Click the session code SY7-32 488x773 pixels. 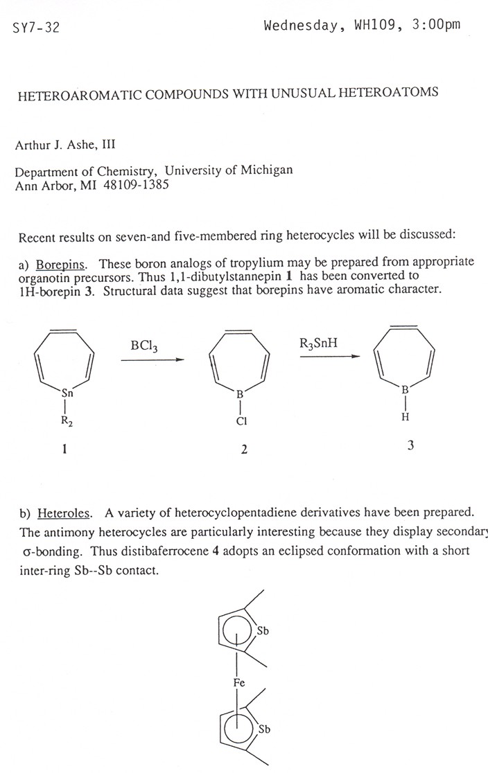(x=37, y=28)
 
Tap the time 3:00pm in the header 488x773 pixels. (x=434, y=26)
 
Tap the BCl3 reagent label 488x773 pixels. (x=143, y=346)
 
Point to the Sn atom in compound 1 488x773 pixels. (x=68, y=393)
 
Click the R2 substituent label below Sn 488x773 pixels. (x=67, y=420)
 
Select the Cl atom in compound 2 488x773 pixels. (x=241, y=420)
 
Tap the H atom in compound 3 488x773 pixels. (x=405, y=417)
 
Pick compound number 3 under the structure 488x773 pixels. (x=410, y=446)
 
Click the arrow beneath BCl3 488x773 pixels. (x=150, y=359)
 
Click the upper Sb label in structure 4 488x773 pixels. (x=262, y=631)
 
